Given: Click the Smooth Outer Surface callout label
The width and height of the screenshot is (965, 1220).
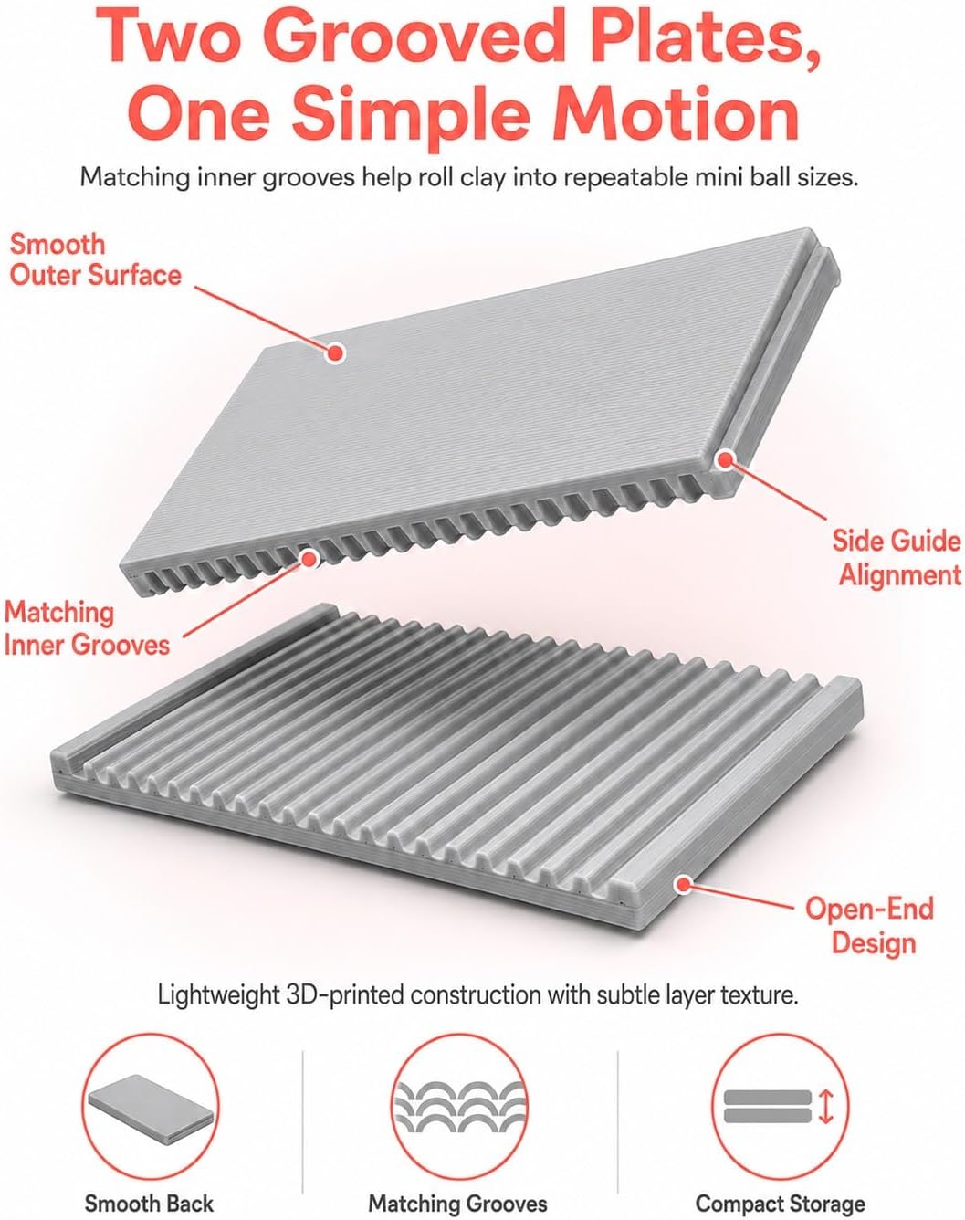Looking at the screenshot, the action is (95, 259).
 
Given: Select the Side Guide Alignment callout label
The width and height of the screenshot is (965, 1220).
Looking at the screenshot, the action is (897, 559).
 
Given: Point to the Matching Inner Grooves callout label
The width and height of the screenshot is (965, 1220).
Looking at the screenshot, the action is (87, 628).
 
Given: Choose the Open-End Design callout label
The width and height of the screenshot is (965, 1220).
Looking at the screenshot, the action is (869, 926).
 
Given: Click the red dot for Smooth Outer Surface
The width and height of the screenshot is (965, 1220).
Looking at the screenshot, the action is (336, 352).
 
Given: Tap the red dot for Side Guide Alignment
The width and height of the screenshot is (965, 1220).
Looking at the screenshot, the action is (725, 459).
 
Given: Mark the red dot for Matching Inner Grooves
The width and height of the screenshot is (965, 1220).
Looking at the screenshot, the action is (309, 559).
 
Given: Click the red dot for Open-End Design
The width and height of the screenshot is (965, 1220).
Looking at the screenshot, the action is (685, 884).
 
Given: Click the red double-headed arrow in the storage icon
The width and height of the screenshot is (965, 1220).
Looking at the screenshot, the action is (826, 1108).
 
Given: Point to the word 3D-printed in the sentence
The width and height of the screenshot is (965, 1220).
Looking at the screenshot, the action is (346, 995).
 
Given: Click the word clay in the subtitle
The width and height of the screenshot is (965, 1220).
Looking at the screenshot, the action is (482, 178).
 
